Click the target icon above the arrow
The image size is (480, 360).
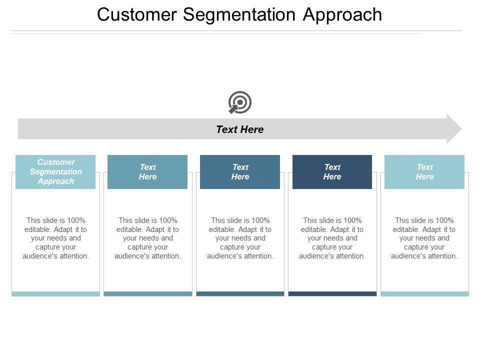tap(240, 102)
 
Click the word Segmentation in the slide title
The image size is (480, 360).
tap(240, 15)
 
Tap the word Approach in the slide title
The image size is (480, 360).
tap(342, 15)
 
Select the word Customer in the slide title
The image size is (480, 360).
tap(136, 15)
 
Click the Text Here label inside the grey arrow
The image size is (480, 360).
tap(239, 129)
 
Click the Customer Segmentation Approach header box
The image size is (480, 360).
tap(55, 172)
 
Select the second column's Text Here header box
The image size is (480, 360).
tap(147, 172)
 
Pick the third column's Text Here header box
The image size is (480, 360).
tap(240, 172)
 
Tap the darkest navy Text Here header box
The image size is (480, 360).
tap(332, 172)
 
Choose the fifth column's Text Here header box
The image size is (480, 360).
tap(424, 172)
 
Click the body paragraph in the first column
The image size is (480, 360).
tap(55, 238)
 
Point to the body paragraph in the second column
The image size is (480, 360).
tap(147, 238)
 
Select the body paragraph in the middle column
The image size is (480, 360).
tap(240, 238)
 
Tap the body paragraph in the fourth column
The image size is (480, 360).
tap(332, 238)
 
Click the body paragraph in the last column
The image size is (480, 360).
tap(424, 238)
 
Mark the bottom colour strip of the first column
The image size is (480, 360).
tap(55, 294)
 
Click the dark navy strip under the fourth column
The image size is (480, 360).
tap(332, 294)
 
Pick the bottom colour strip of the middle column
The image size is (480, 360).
tap(240, 294)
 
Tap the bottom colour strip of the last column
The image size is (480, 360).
tap(424, 294)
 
